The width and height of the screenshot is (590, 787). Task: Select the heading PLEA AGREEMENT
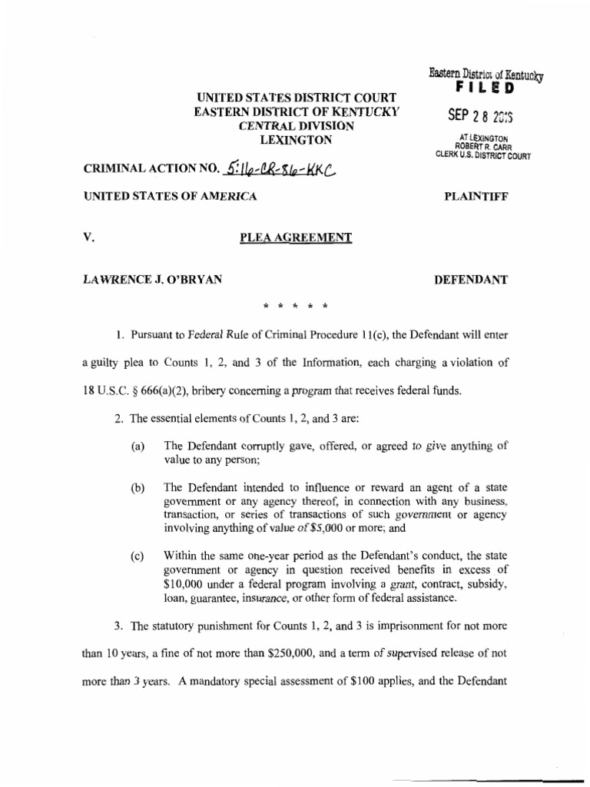[x=296, y=237]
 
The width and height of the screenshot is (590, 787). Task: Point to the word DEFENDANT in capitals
[x=470, y=280]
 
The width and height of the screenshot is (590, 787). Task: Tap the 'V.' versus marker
[x=88, y=237]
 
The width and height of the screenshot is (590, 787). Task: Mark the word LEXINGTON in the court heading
[x=296, y=140]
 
